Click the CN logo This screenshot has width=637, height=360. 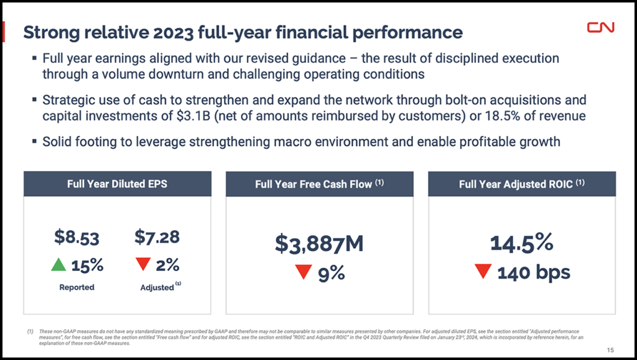coord(600,27)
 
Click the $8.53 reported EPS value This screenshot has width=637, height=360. coord(77,237)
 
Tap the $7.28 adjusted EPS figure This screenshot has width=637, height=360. coord(157,237)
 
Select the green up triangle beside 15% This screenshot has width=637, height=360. coord(58,265)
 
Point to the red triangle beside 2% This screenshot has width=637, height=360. coord(142,265)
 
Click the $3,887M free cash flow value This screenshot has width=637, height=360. coord(319,244)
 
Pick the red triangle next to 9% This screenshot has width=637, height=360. coord(304,272)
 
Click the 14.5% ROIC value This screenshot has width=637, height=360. coord(521,242)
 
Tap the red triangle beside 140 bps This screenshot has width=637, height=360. coord(483,271)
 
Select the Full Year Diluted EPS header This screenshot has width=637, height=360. coord(117,183)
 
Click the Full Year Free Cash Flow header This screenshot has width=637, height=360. coord(319,184)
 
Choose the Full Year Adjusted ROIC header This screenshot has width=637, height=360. coord(521,184)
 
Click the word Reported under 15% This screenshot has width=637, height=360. coord(77,287)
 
